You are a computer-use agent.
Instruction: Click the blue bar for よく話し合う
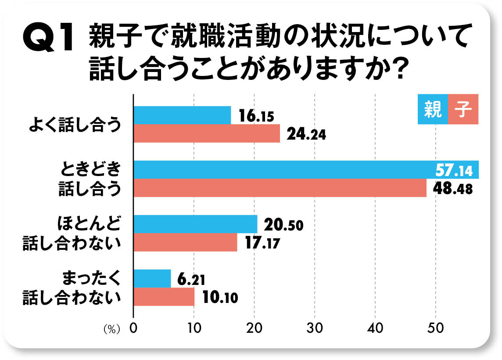(x=182, y=115)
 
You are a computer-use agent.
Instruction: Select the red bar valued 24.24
(x=207, y=133)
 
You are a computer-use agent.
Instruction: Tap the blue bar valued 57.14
(x=281, y=170)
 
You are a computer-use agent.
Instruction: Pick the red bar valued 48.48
(x=280, y=188)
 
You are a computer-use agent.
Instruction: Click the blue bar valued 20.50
(x=195, y=224)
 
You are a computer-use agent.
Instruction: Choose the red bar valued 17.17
(x=185, y=242)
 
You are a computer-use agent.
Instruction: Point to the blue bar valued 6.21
(x=152, y=278)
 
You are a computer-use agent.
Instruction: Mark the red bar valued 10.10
(x=164, y=297)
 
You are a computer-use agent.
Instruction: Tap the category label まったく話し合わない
(x=72, y=288)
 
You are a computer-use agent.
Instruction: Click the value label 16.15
(x=256, y=116)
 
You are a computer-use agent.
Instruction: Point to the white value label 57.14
(x=454, y=170)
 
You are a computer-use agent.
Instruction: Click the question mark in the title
(x=396, y=69)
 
